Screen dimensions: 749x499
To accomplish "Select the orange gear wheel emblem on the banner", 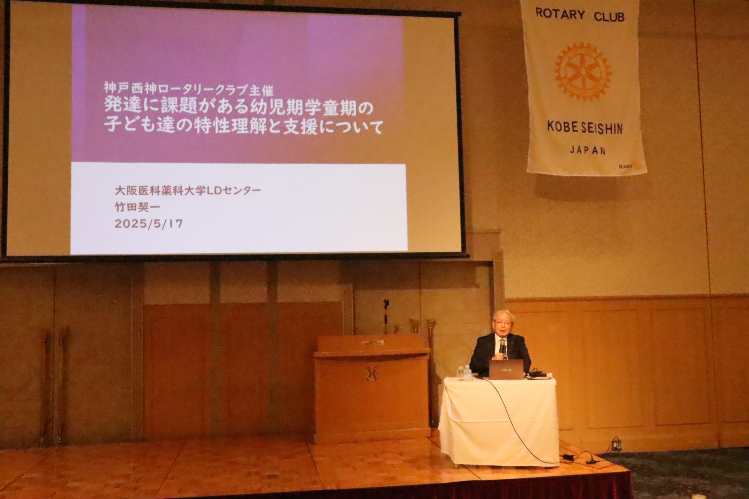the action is [583, 71].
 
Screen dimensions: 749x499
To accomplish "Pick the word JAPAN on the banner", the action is [587, 150].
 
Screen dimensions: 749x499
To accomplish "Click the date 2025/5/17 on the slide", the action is [148, 224].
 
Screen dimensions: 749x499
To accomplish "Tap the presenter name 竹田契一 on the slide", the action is [137, 207].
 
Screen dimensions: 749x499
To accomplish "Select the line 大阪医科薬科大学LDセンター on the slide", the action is [188, 191].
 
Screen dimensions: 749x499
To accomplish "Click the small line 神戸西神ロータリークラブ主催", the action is [188, 89].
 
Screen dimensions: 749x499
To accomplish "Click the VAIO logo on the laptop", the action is [506, 370].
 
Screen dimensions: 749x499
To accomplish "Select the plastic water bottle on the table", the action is [468, 373].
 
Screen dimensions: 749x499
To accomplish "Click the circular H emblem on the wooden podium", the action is [370, 373].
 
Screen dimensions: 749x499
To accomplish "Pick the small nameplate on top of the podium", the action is [372, 343].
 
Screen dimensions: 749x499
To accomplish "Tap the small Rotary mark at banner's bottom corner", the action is [625, 166].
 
